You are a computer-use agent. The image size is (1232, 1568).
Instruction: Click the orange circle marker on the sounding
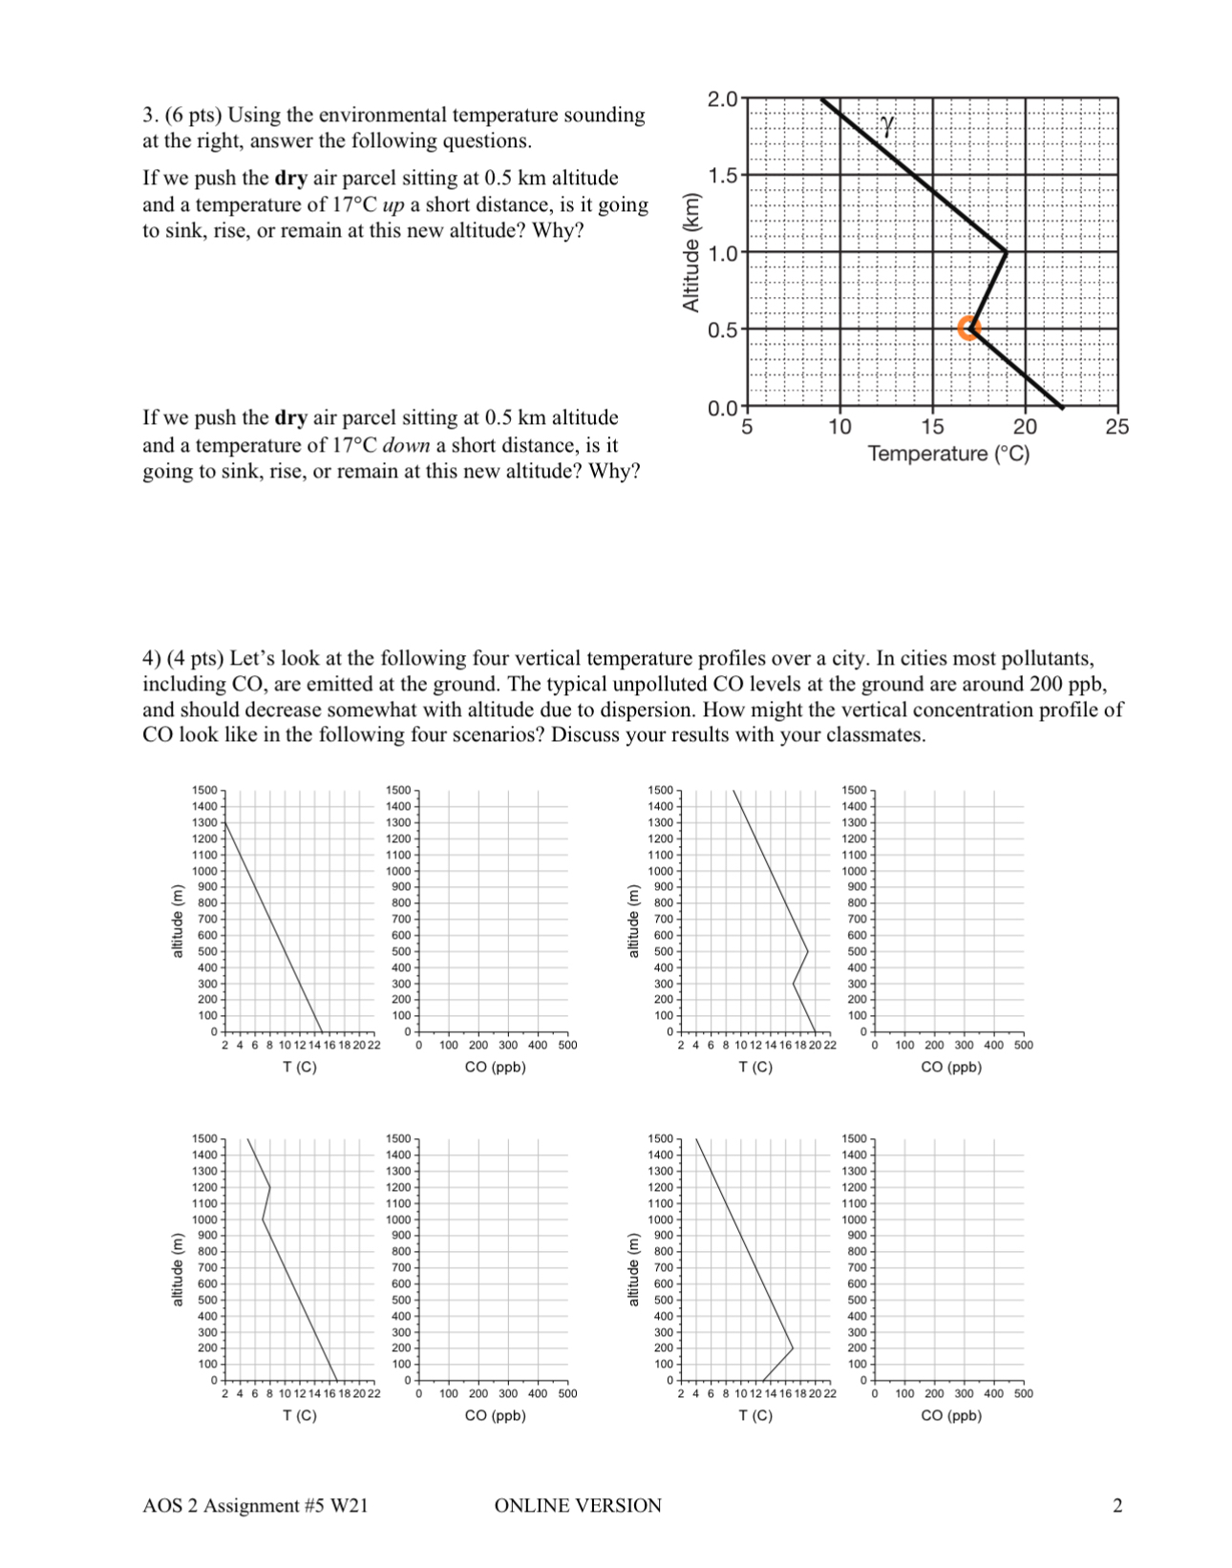point(969,328)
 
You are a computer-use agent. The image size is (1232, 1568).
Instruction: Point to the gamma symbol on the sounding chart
point(887,124)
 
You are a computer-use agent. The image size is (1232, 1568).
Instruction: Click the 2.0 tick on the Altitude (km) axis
point(721,98)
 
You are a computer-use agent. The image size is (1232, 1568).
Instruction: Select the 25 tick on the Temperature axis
point(1116,427)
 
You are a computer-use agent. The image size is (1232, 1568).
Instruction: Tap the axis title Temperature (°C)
point(948,454)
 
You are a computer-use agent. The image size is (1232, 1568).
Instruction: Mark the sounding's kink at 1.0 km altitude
point(1006,252)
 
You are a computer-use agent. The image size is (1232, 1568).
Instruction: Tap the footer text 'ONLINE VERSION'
point(578,1506)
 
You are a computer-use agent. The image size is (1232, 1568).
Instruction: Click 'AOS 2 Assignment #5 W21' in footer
point(255,1506)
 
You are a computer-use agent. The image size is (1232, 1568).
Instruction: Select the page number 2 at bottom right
point(1117,1506)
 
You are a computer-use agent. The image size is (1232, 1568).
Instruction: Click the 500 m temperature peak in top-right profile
point(808,951)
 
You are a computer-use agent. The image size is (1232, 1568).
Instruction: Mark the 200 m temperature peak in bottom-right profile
point(793,1348)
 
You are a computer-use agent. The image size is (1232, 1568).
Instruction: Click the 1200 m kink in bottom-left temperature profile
point(270,1187)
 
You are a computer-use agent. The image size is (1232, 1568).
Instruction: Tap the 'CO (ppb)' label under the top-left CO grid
point(495,1067)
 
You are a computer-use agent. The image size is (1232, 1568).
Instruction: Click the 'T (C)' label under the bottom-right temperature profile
point(755,1415)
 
